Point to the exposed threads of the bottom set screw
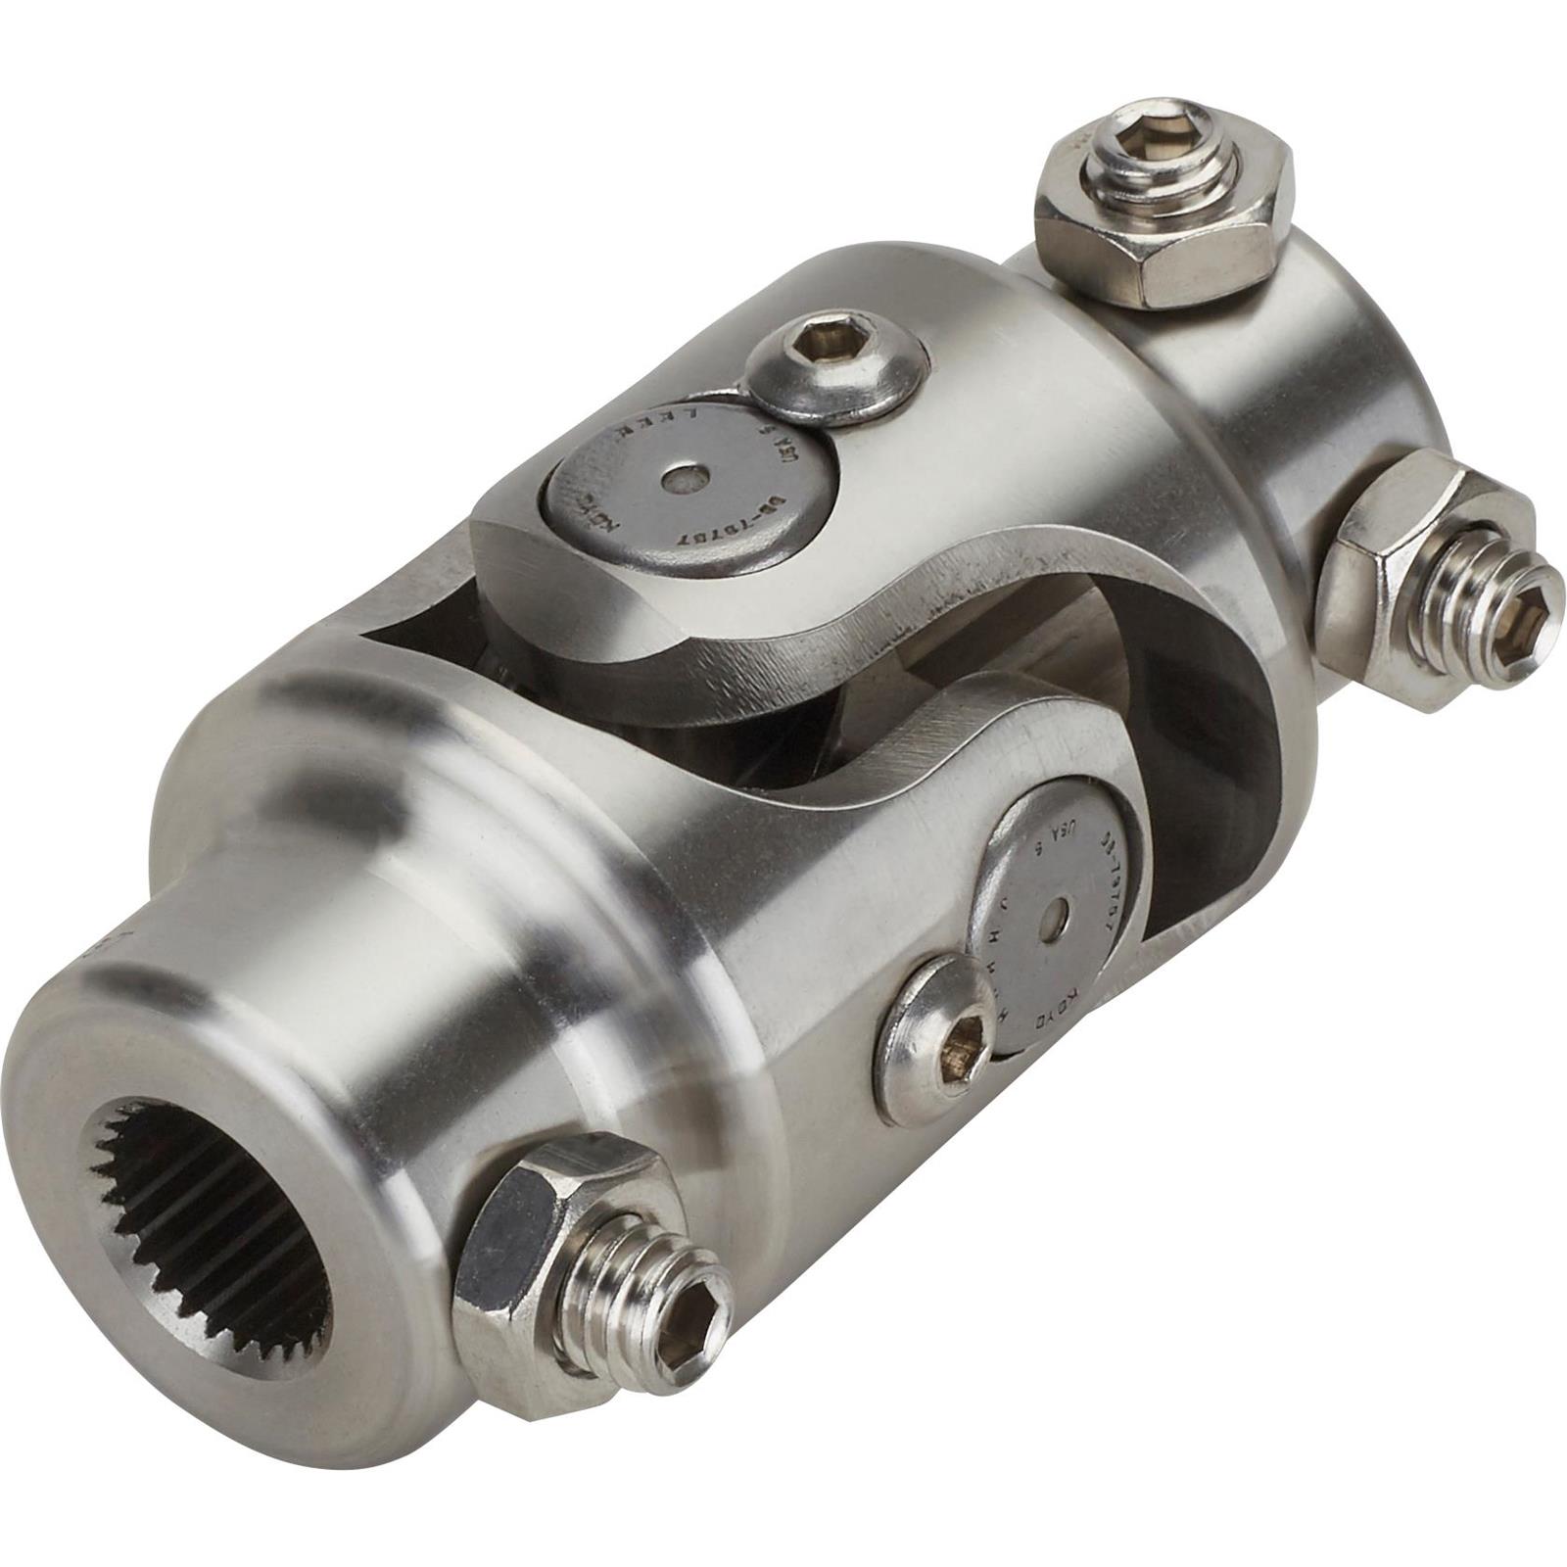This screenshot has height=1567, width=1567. coord(627,1273)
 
